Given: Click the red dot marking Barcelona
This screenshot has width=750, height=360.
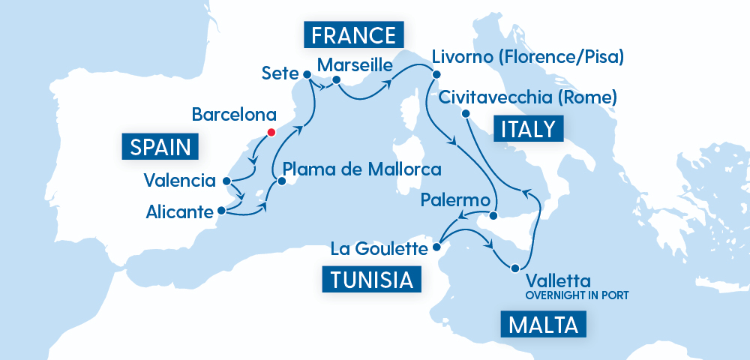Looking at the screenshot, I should pos(270,132).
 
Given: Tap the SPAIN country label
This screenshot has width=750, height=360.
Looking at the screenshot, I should pos(160,146).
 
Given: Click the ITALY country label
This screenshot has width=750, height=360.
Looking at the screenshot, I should pos(528,129).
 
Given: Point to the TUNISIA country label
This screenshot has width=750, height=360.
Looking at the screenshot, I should pos(370,280).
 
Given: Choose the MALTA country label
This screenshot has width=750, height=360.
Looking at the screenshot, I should pos(542,326).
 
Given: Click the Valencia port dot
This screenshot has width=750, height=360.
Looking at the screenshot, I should pos(226,181).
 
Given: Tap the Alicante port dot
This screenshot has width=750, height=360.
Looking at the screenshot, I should pos(220,211).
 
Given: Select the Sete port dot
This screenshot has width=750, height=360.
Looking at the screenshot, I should pos(307,74).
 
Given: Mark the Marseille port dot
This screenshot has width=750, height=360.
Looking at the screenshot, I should pos(337,80).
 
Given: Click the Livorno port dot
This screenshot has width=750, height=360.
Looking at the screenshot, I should pos(434,73).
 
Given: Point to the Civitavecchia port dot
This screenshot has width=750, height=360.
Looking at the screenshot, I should pos(465,113).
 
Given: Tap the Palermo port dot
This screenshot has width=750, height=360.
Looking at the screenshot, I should pos(493,216).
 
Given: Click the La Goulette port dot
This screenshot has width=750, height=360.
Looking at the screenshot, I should pos(437,246).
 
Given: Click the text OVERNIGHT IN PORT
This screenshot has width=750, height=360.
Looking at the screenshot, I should pos(576,295).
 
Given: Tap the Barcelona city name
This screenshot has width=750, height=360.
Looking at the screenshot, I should pos(234,115).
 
